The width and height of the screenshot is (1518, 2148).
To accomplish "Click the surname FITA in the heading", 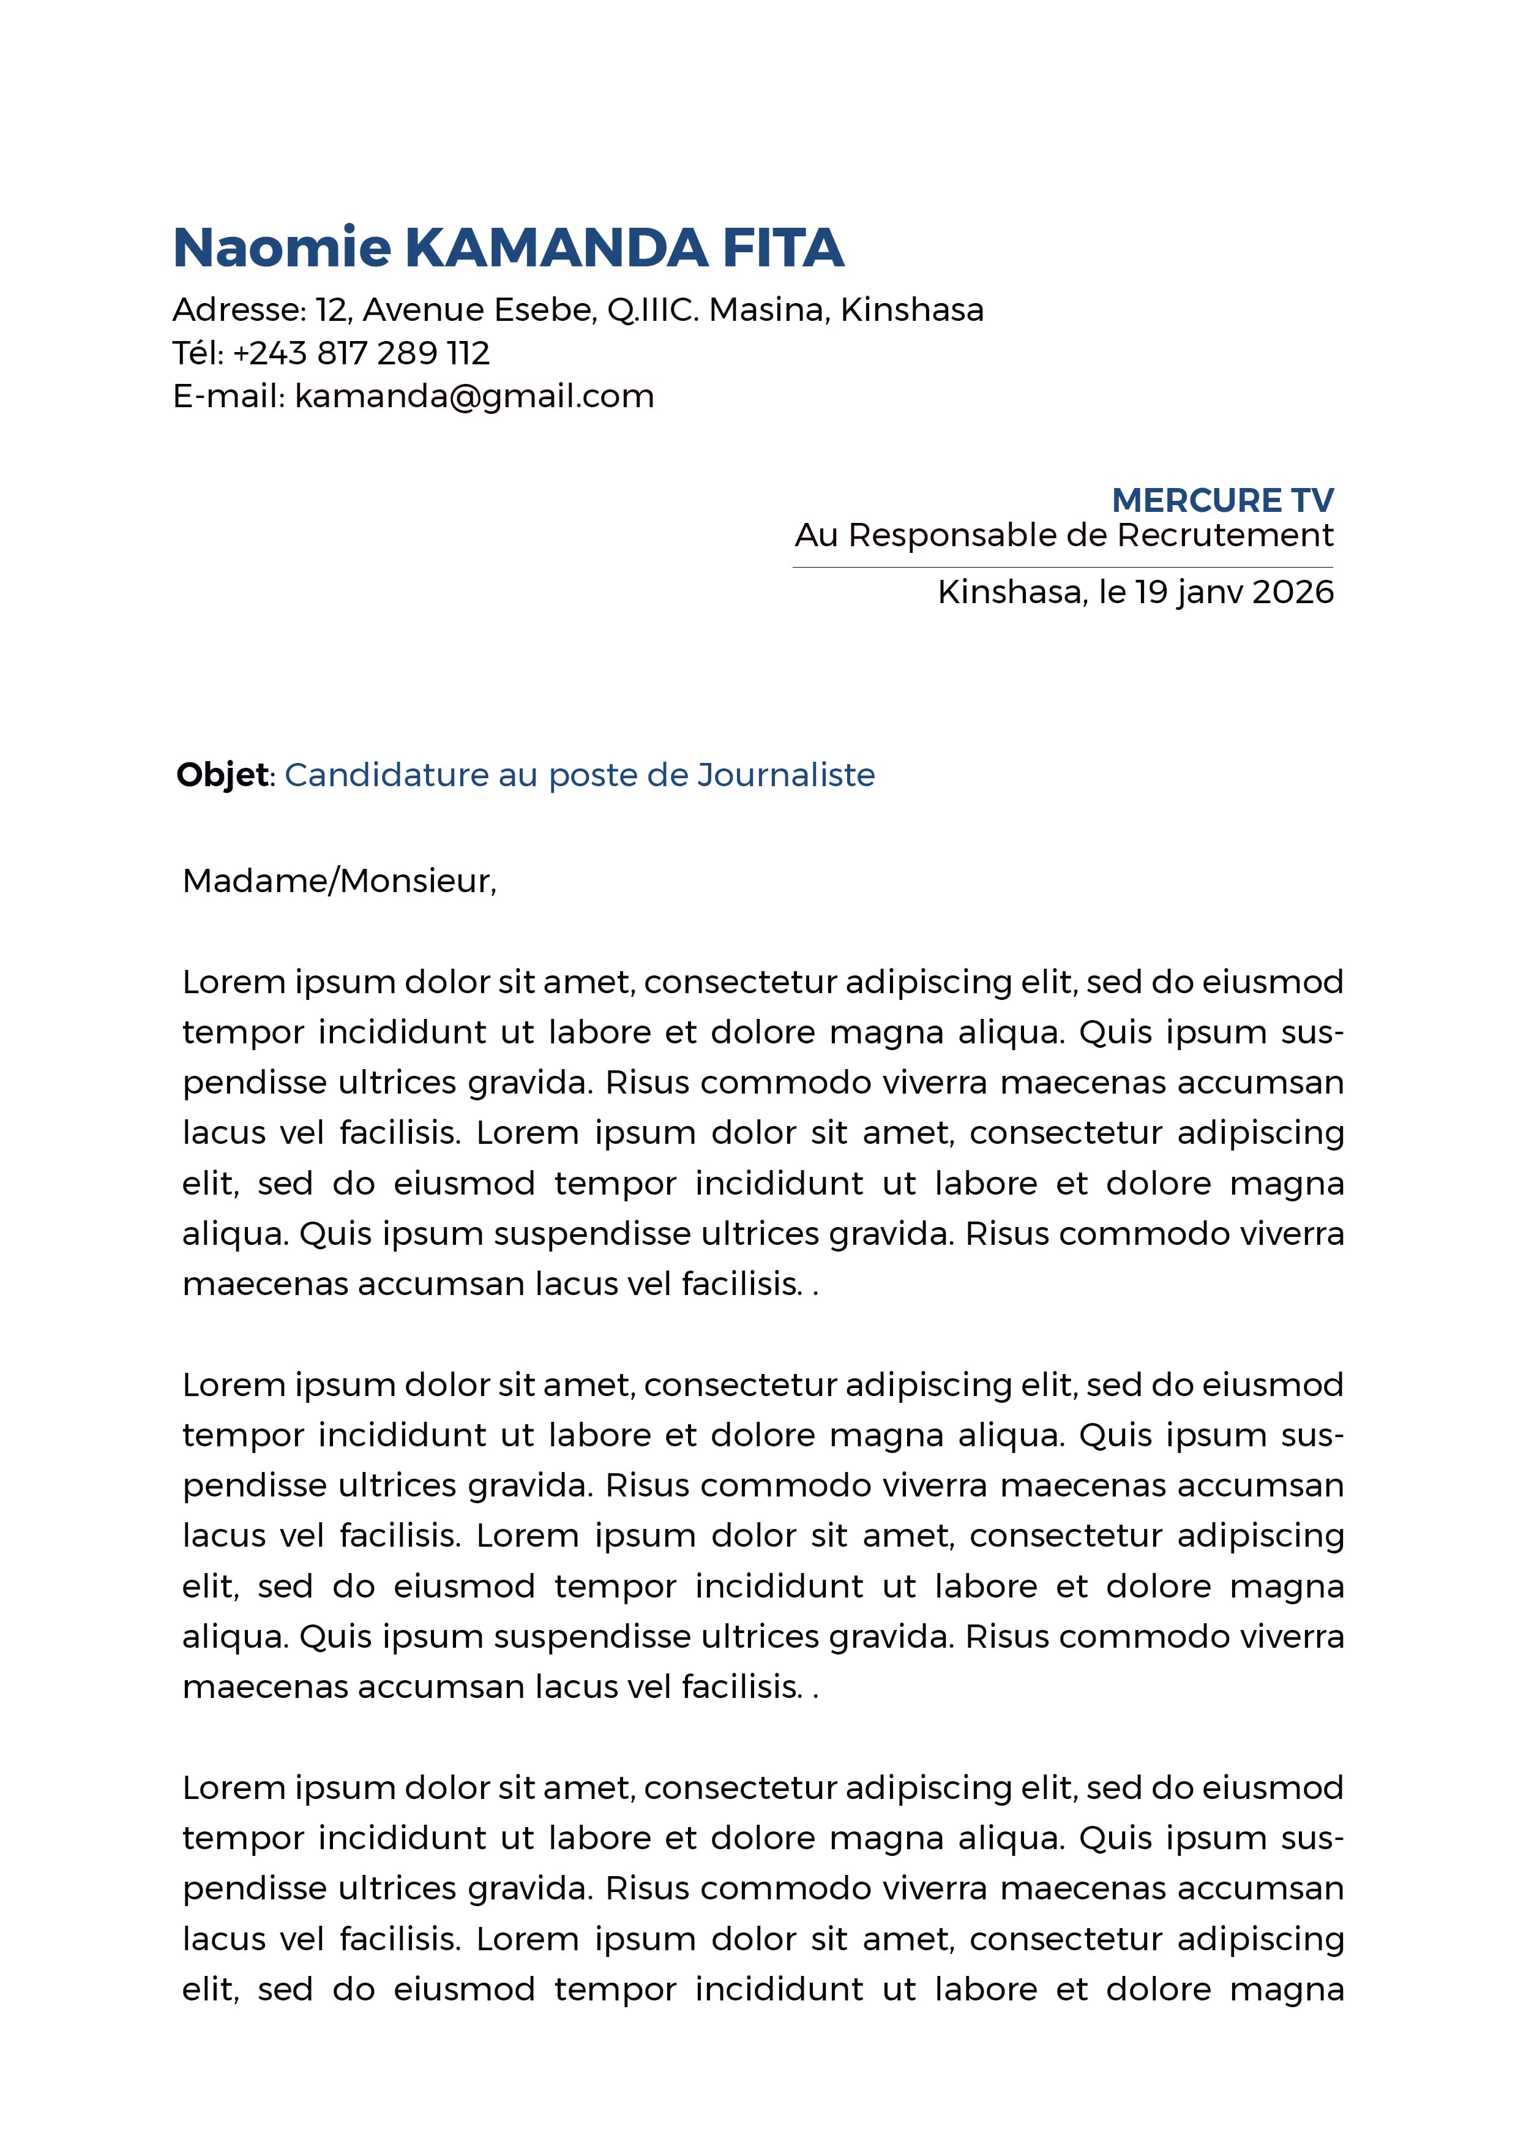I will pyautogui.click(x=783, y=248).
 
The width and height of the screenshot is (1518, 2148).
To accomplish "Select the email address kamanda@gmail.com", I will pyautogui.click(x=474, y=397).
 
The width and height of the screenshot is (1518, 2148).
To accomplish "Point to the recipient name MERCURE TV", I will pyautogui.click(x=1222, y=500).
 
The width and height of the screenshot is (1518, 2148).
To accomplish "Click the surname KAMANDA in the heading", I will pyautogui.click(x=556, y=248).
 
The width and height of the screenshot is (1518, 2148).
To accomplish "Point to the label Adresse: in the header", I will pyautogui.click(x=239, y=310).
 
